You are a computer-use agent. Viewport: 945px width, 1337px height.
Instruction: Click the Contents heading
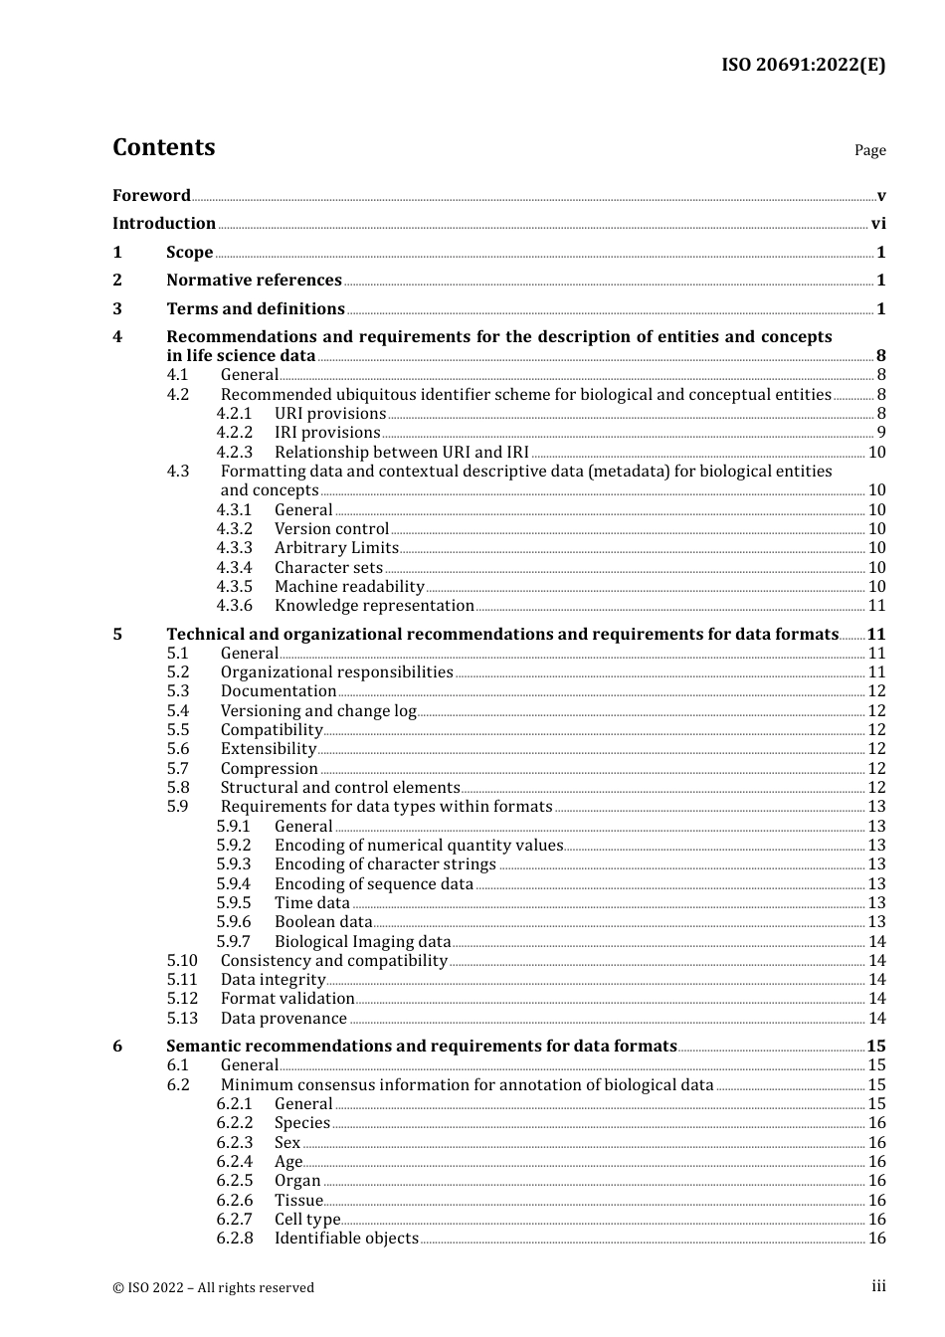(163, 147)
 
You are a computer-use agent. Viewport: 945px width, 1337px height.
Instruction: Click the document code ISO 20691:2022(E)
(803, 65)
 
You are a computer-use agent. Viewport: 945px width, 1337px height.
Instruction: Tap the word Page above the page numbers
(869, 150)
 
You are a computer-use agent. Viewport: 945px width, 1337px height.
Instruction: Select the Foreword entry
(151, 196)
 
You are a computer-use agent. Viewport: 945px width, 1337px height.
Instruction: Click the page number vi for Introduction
(878, 224)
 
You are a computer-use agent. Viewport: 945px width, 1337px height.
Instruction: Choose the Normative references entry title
(254, 281)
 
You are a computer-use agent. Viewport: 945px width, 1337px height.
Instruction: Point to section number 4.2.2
(235, 433)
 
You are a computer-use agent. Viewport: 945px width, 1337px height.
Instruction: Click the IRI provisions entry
(327, 433)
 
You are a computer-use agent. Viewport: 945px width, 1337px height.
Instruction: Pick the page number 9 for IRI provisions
(881, 433)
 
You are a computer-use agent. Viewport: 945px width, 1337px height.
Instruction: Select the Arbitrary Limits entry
(336, 548)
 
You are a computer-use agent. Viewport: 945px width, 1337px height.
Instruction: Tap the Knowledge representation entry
(374, 606)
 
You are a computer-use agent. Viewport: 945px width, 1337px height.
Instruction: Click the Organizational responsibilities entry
(336, 672)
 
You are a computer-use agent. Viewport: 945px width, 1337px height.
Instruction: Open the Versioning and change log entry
(318, 711)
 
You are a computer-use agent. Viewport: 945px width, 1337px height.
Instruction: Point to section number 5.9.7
(234, 942)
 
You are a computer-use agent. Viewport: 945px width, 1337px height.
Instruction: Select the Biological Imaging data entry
(362, 942)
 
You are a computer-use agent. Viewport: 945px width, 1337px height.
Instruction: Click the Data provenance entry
(283, 1019)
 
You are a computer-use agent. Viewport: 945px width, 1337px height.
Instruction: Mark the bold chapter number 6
(117, 1047)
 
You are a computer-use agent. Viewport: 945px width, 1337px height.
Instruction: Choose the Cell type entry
(307, 1220)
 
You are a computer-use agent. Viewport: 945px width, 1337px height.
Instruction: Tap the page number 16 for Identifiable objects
(876, 1239)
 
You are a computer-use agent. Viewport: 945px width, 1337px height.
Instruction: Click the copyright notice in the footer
(213, 1287)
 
